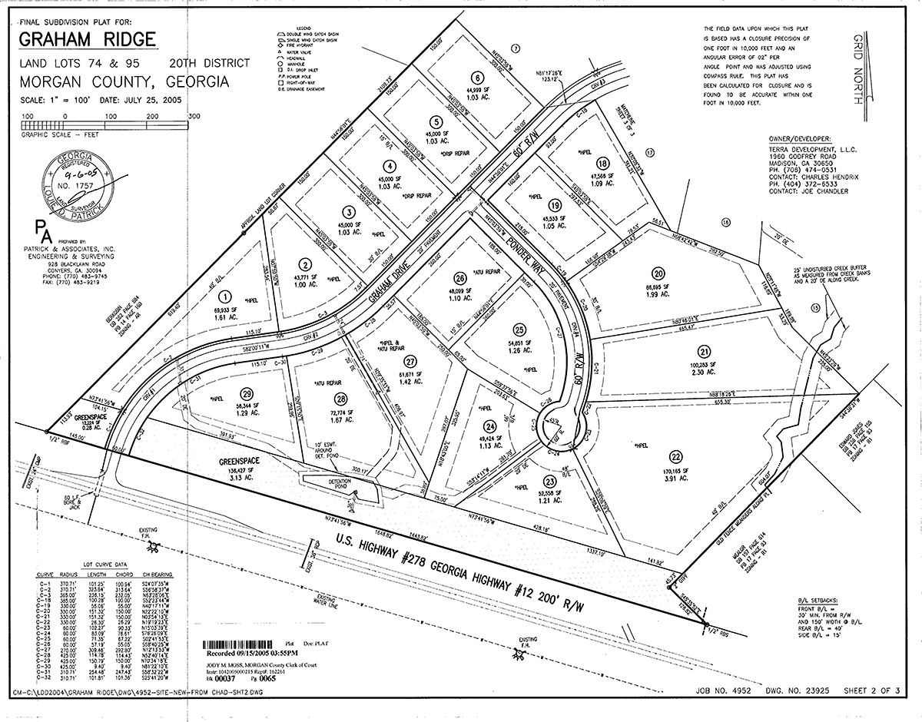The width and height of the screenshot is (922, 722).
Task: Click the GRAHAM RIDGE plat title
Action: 87,39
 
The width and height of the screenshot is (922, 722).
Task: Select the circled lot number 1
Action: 225,296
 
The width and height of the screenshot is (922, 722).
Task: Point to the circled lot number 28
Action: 339,399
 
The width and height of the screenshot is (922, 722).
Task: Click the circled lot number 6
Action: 477,77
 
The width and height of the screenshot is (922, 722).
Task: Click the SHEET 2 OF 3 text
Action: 874,690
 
